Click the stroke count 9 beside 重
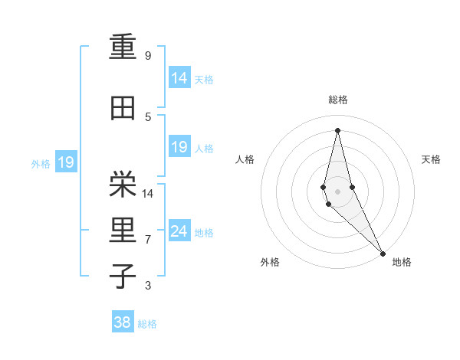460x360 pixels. click(148, 56)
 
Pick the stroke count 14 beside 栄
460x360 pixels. click(149, 193)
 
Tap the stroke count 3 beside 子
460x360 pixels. click(148, 286)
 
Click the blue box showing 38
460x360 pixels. click(122, 322)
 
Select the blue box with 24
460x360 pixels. click(179, 231)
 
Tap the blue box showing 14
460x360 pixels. click(179, 78)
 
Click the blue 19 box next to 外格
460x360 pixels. click(65, 162)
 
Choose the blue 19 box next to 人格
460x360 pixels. click(179, 147)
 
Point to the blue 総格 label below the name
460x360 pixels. click(147, 324)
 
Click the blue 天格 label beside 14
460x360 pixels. click(204, 80)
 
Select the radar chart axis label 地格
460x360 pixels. click(402, 262)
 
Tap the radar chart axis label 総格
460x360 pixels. click(337, 100)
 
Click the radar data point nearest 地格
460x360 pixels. click(383, 253)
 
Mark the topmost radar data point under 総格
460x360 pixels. click(337, 129)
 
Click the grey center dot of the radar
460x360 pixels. click(337, 190)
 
